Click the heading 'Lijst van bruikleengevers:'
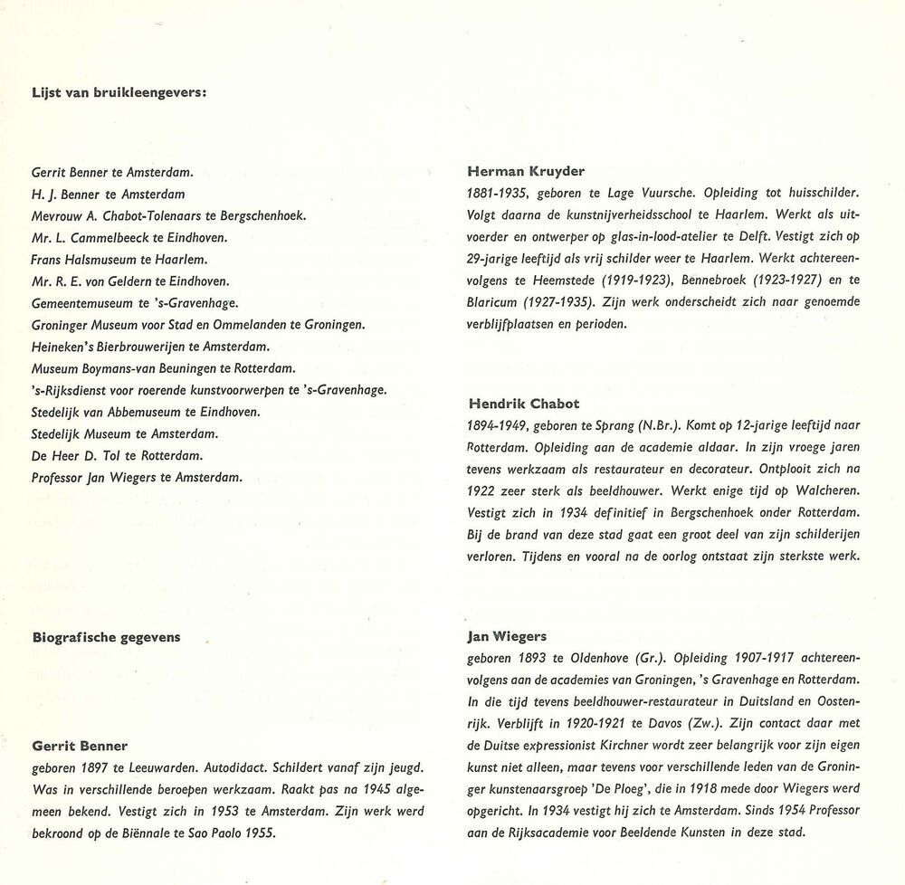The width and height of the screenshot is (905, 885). (x=119, y=90)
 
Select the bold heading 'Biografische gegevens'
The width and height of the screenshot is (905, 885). (x=105, y=637)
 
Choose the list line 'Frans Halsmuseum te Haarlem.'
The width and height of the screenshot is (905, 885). (x=107, y=259)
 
